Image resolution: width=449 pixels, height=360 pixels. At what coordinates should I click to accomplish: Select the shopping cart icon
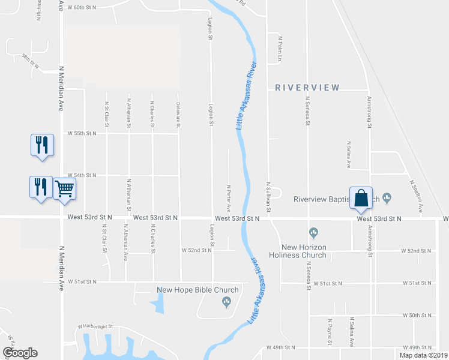coord(65,188)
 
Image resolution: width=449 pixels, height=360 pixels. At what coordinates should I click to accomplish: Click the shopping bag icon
coord(361,198)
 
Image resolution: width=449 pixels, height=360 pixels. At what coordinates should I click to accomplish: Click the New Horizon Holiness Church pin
coord(313,232)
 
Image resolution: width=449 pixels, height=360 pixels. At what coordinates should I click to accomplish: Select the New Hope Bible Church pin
coord(226,301)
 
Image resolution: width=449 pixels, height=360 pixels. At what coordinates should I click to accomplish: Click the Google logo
coord(20,353)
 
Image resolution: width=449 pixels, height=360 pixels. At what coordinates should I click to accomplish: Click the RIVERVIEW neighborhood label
coord(307,88)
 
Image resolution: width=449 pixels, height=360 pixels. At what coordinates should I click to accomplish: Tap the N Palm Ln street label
coord(280,46)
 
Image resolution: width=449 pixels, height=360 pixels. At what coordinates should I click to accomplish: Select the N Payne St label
coord(330,332)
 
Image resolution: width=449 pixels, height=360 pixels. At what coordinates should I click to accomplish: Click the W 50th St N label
coord(418,315)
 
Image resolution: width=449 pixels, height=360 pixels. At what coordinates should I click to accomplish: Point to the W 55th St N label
coord(82,133)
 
